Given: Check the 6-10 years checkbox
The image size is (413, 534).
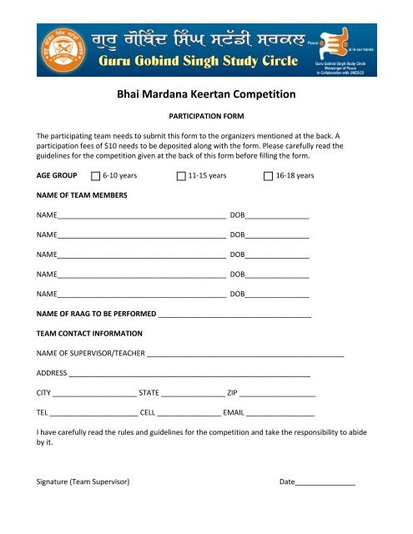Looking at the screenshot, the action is pos(94,176).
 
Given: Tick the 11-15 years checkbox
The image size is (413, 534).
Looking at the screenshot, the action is pos(182,176).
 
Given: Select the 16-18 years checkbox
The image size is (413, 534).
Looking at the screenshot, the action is pos(268,176).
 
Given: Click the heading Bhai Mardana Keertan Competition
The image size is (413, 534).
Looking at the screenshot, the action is pos(206,95).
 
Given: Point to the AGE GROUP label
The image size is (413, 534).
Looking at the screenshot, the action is pos(58,176).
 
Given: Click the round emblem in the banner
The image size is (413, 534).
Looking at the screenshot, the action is pos(58,50).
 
